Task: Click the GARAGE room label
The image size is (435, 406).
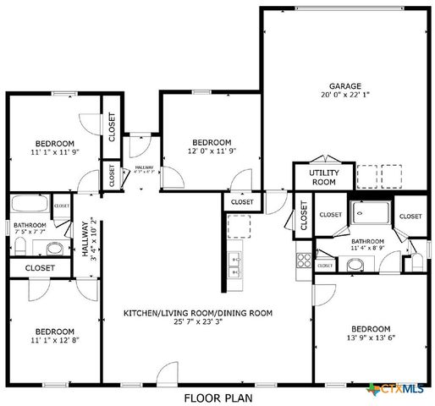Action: [x=344, y=86]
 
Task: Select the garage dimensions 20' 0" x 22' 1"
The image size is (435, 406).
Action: [x=344, y=96]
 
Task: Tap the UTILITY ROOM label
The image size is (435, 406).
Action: [x=323, y=177]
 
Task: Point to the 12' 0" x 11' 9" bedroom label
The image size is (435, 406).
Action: [x=211, y=141]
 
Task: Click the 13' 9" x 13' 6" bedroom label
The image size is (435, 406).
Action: [x=371, y=328]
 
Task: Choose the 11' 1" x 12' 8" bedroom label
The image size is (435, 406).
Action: [x=54, y=331]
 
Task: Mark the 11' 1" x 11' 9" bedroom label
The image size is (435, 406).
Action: [x=54, y=142]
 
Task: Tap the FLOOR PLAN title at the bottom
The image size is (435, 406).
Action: [x=217, y=396]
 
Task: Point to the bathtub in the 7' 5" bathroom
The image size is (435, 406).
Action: [x=30, y=205]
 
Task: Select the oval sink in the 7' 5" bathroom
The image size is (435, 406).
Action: [x=55, y=248]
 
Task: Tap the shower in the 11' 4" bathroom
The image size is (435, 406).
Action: [x=370, y=213]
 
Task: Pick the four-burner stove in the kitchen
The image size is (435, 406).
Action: [x=302, y=261]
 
